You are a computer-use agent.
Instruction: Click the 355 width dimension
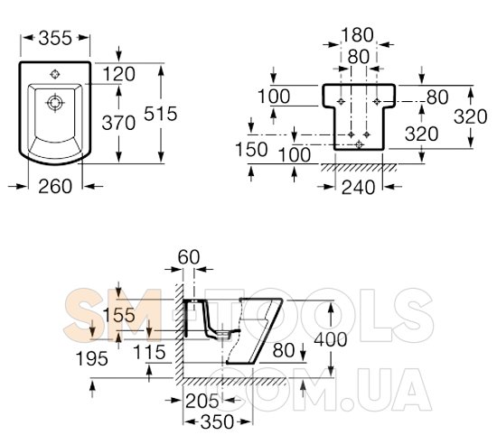point(55,38)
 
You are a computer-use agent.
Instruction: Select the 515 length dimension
point(160,114)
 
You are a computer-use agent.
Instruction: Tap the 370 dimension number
point(118,123)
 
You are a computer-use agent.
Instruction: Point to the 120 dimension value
point(119,74)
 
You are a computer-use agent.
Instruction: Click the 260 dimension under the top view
point(55,186)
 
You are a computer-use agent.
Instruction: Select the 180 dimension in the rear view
point(357,35)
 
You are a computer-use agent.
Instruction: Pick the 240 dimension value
point(358,187)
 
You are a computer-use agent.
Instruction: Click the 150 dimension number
point(251,150)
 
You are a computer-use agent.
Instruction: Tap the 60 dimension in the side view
point(189,257)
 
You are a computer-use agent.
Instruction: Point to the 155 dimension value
point(119,315)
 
